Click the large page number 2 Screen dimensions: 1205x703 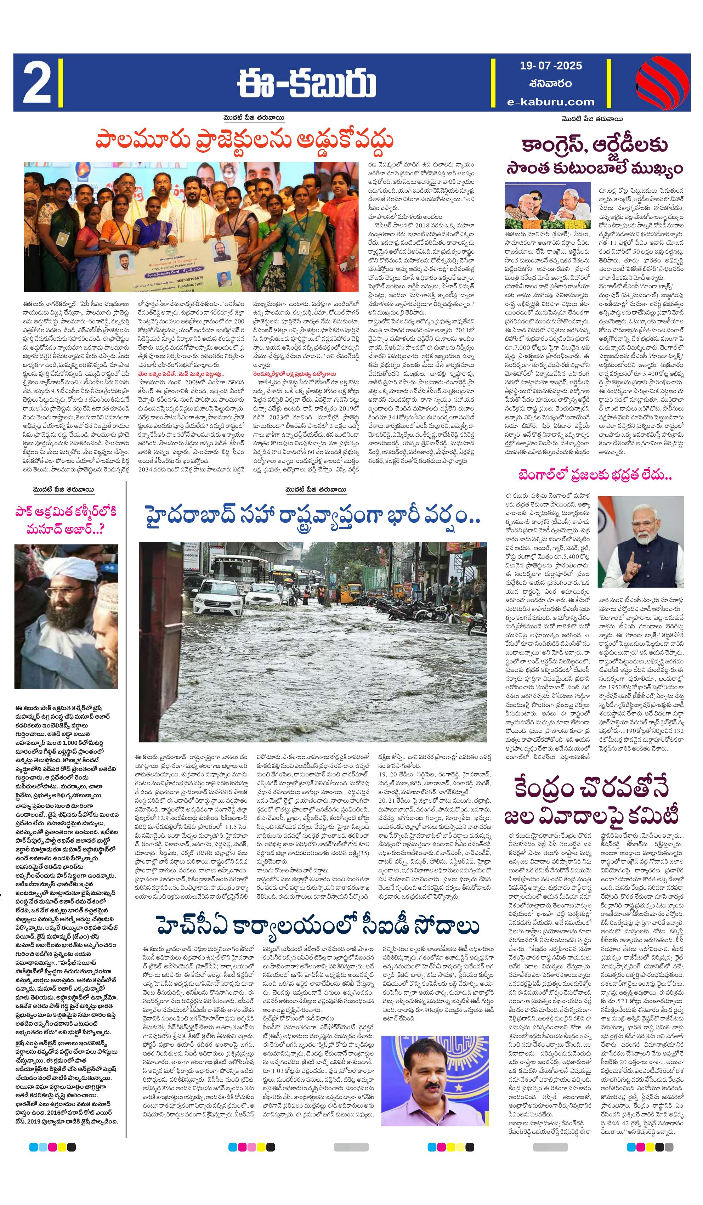[x=37, y=82]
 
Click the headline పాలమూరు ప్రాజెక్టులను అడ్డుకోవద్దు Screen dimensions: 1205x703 [x=244, y=141]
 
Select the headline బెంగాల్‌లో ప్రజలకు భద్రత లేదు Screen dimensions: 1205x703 [x=595, y=475]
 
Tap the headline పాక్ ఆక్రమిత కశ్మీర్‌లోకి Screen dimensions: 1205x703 [x=66, y=511]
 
